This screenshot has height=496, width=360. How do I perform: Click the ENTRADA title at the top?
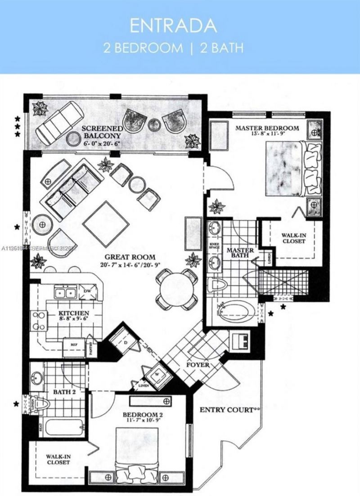click(173, 26)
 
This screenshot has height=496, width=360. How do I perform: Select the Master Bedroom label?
click(267, 128)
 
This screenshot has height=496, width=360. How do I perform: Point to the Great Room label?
click(128, 257)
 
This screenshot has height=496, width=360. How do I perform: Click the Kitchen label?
click(74, 313)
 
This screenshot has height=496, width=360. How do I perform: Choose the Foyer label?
click(198, 365)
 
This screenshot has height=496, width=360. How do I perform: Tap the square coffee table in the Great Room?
click(106, 223)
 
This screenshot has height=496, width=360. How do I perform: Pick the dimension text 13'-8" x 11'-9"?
click(267, 134)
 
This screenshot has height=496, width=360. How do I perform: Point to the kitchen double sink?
click(65, 293)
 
